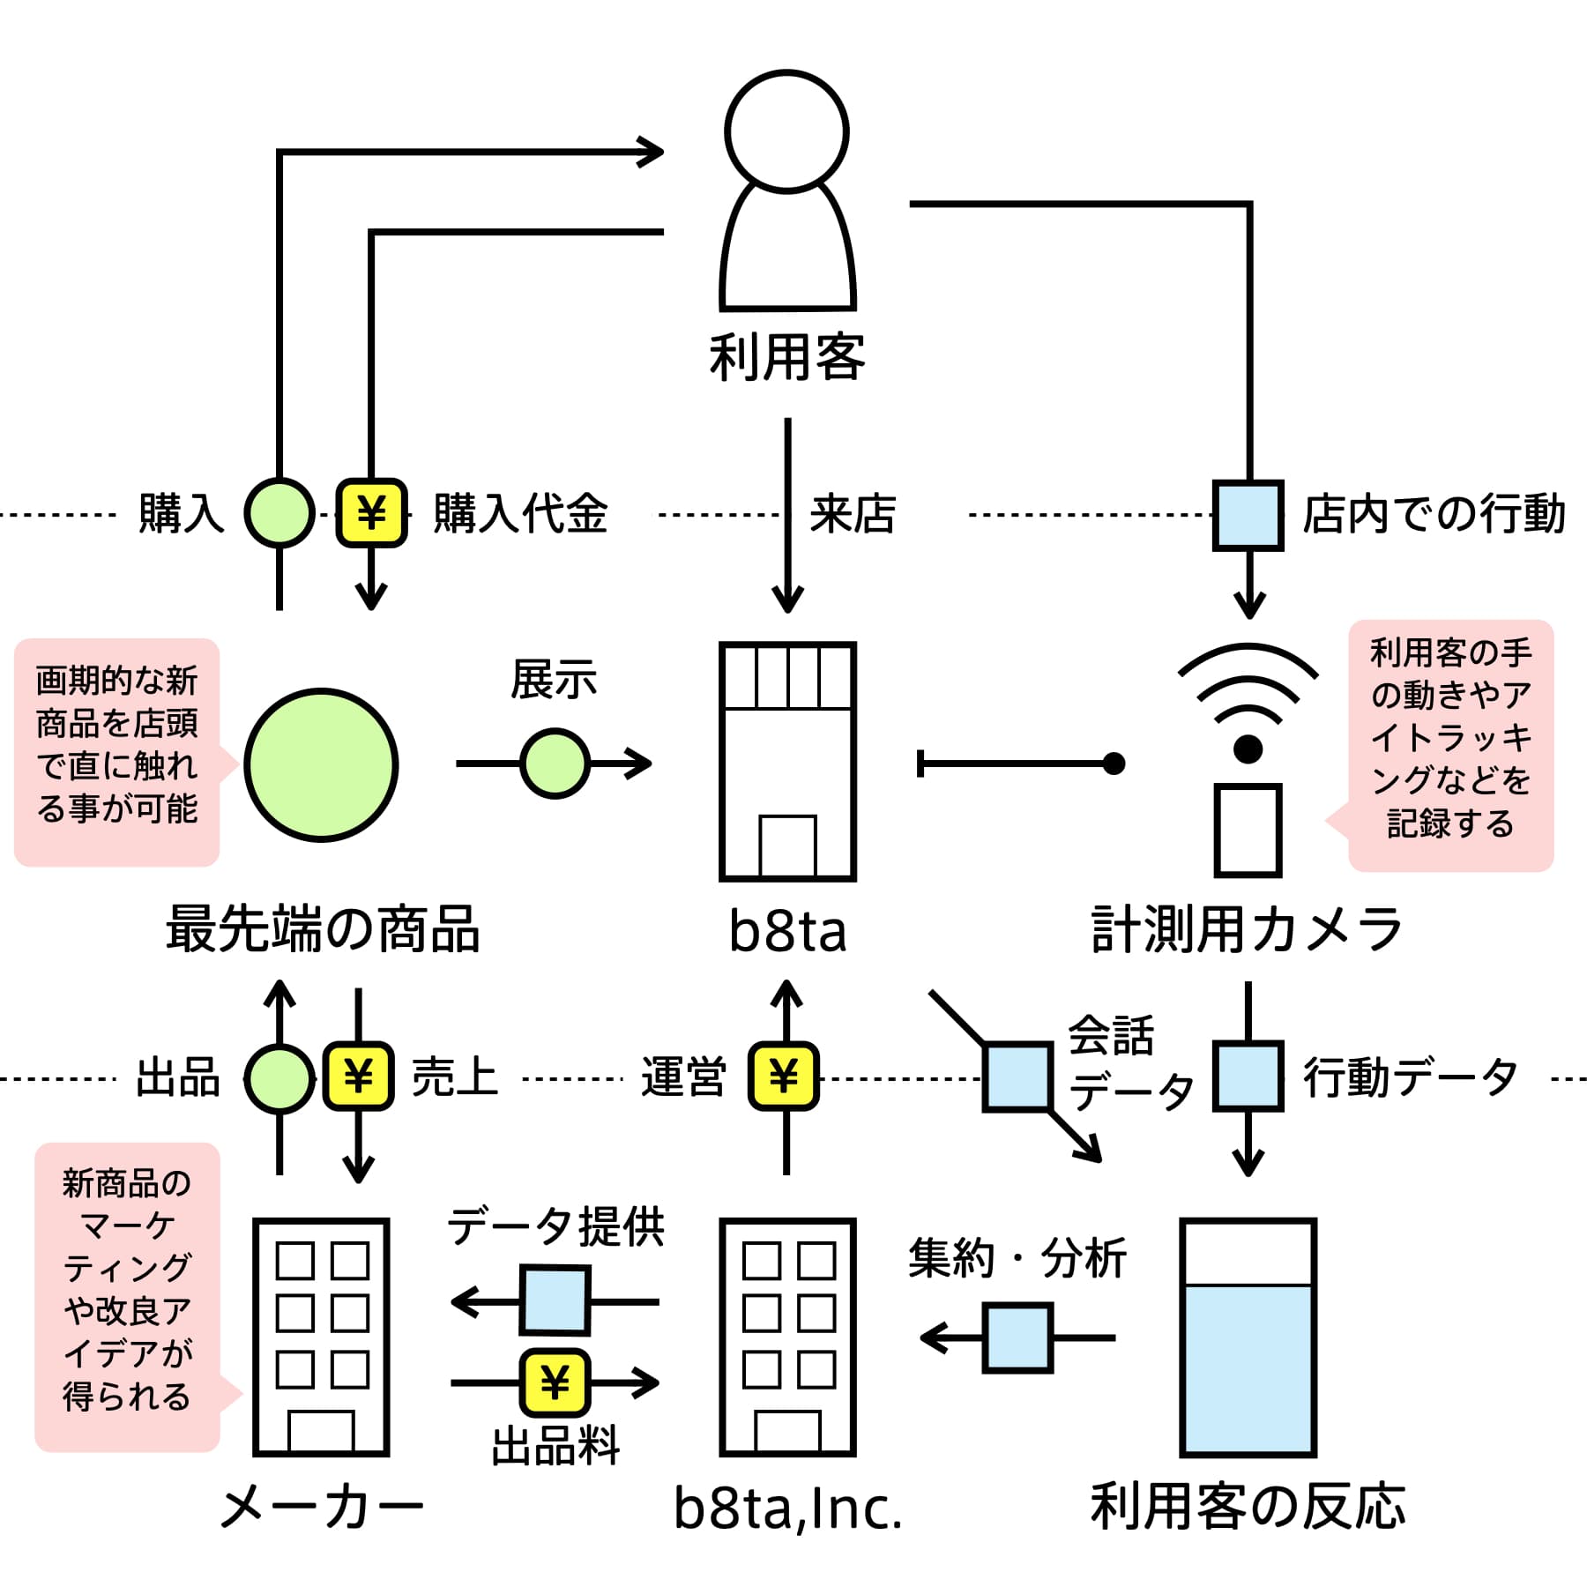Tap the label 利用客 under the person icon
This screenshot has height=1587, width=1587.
tap(787, 357)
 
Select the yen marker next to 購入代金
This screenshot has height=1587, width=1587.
tap(371, 513)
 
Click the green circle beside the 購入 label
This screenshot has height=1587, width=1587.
tap(279, 513)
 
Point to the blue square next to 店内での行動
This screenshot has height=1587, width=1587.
tap(1248, 516)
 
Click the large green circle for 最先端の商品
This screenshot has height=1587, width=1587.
tap(321, 765)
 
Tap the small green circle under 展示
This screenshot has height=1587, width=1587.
tap(555, 764)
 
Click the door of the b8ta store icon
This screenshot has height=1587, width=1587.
tap(787, 846)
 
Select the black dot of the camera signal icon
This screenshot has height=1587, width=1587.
tap(1248, 749)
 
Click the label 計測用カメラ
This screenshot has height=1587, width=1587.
tap(1247, 930)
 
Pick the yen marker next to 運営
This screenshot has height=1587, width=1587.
tap(784, 1077)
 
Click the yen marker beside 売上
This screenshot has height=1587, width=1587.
tap(358, 1077)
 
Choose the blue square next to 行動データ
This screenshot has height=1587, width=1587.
tap(1248, 1077)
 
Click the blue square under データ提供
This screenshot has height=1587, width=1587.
tap(555, 1300)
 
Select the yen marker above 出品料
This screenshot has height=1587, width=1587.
tap(555, 1382)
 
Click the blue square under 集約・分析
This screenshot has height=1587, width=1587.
tap(1018, 1338)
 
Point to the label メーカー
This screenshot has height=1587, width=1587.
tap(321, 1507)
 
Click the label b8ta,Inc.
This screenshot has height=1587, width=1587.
tap(787, 1509)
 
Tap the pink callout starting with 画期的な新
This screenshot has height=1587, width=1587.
tap(117, 752)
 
